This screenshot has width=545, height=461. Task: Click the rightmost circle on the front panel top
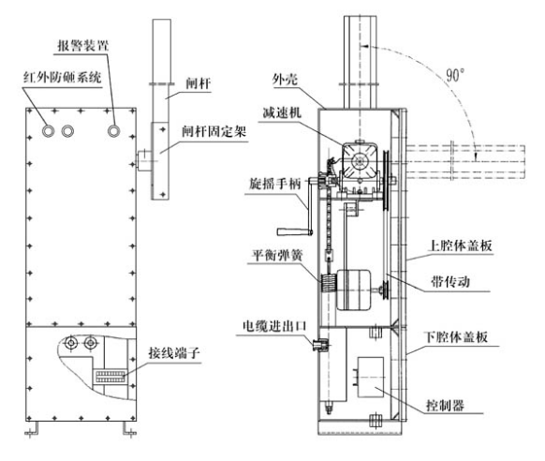pyautogui.click(x=112, y=131)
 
